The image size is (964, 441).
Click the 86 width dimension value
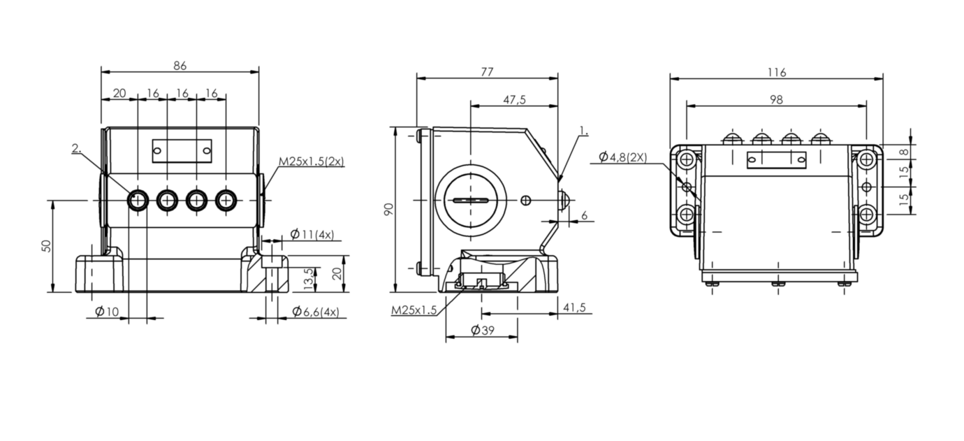pyautogui.click(x=180, y=66)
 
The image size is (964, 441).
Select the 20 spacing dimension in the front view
pyautogui.click(x=119, y=93)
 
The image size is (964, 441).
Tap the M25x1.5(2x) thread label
pyautogui.click(x=312, y=161)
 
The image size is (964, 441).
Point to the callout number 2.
pyautogui.click(x=76, y=147)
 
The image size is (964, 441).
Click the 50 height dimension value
pyautogui.click(x=46, y=246)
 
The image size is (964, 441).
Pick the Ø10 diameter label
pyautogui.click(x=107, y=312)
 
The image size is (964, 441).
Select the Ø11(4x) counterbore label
pyautogui.click(x=312, y=233)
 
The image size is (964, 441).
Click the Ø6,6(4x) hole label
pyautogui.click(x=315, y=312)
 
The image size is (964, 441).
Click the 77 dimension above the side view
pyautogui.click(x=487, y=71)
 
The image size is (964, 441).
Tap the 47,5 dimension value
pyautogui.click(x=514, y=100)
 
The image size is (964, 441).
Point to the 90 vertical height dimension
pyautogui.click(x=389, y=210)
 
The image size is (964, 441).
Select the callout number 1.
pyautogui.click(x=584, y=131)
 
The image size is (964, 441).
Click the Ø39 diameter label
pyautogui.click(x=481, y=331)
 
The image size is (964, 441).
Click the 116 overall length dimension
pyautogui.click(x=776, y=72)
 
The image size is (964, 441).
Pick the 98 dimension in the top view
pyautogui.click(x=776, y=100)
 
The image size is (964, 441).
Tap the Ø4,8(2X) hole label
pyautogui.click(x=623, y=157)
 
